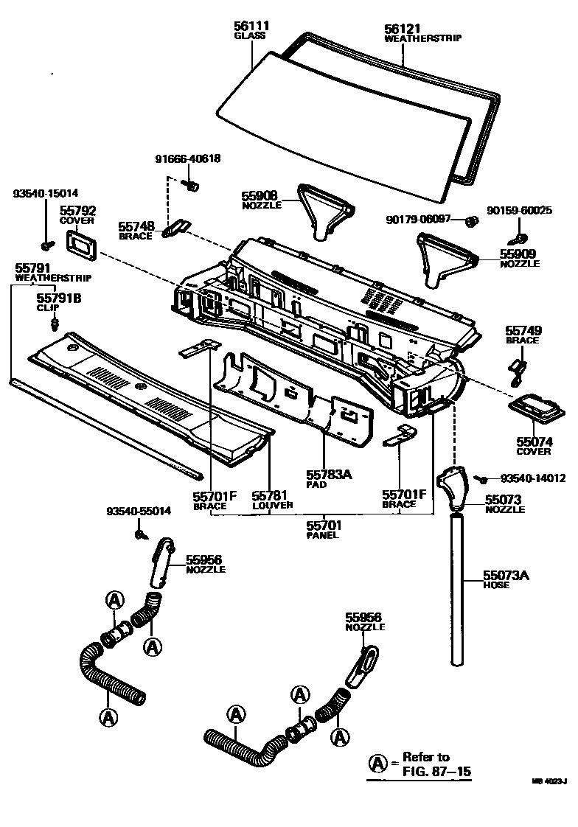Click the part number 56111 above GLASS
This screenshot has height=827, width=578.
coord(251,27)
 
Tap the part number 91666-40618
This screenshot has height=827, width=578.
coord(187,158)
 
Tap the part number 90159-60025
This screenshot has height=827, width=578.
coord(519,210)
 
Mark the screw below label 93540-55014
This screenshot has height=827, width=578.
coord(139,533)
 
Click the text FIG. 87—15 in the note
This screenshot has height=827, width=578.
coord(436,772)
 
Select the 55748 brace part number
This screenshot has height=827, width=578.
coord(136,227)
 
